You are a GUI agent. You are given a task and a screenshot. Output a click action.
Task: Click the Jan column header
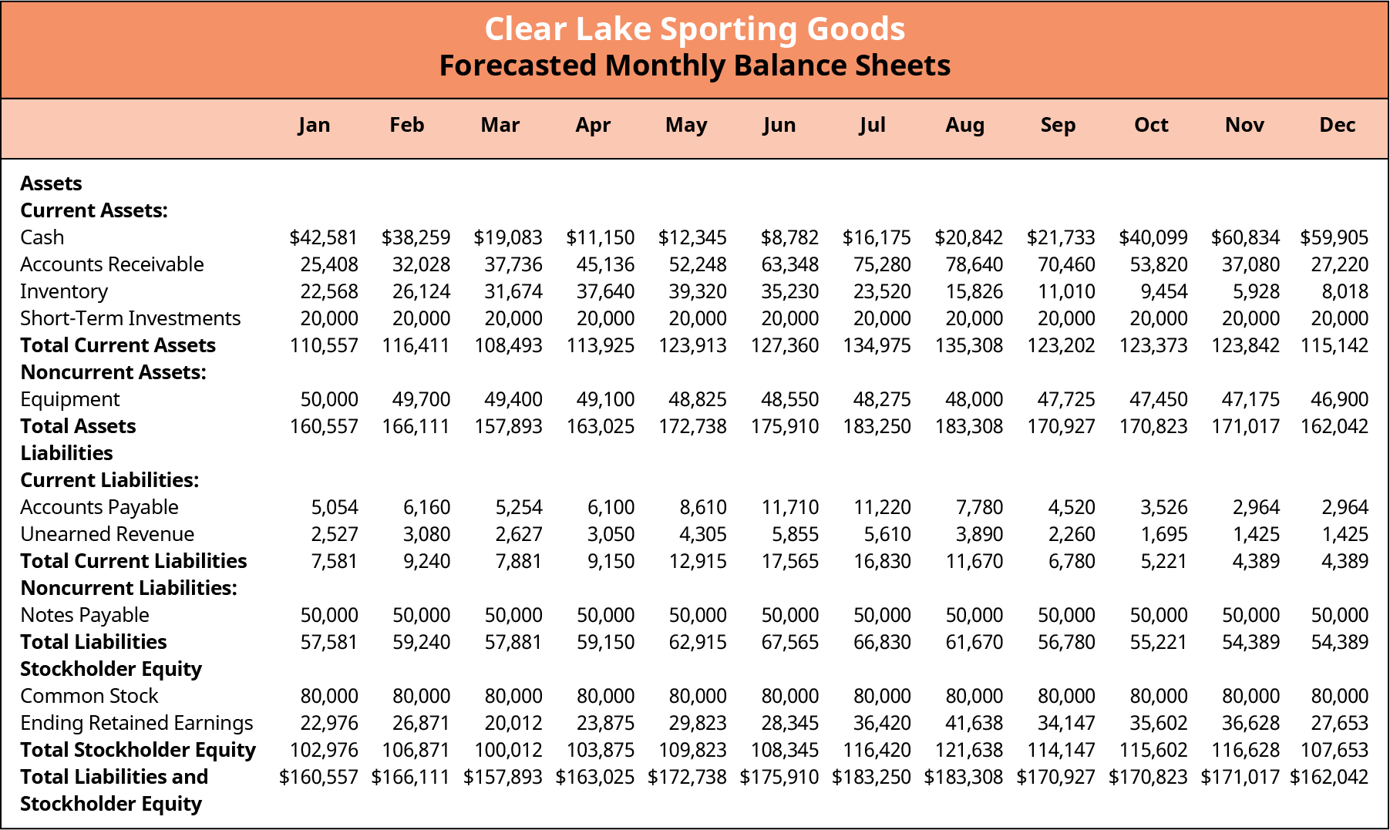click(x=314, y=125)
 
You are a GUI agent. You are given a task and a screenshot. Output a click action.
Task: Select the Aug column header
click(x=964, y=125)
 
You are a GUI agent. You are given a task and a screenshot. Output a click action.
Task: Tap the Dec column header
click(x=1337, y=125)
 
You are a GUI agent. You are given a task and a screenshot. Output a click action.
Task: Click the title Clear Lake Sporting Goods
click(x=695, y=29)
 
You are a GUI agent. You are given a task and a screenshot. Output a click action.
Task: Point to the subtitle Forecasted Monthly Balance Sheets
click(x=695, y=66)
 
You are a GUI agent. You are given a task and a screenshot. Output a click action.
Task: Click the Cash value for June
click(x=789, y=237)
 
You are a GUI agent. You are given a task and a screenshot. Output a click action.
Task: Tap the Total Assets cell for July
click(x=877, y=426)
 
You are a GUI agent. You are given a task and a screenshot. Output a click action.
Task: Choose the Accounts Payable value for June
click(x=789, y=507)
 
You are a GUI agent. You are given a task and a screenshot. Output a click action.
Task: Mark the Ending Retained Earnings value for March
click(x=513, y=723)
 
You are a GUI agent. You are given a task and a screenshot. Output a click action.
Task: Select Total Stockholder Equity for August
click(x=969, y=750)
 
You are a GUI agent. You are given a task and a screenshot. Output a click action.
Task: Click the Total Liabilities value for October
click(x=1159, y=642)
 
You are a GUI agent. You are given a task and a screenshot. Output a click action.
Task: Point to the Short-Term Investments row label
click(x=130, y=318)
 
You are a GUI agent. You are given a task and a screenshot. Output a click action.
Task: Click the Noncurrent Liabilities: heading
click(x=129, y=588)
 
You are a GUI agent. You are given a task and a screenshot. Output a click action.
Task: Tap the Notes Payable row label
click(x=85, y=615)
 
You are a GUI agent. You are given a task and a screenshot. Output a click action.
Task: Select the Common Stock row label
click(x=89, y=696)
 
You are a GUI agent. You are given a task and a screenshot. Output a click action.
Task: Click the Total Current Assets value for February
click(x=416, y=345)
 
